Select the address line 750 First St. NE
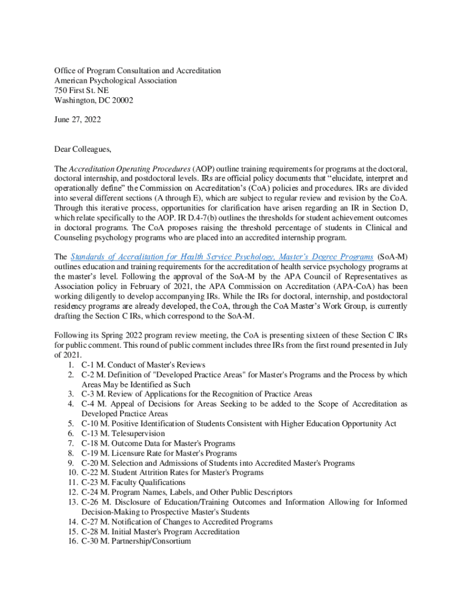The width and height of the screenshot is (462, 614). coord(82,91)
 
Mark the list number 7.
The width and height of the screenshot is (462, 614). coord(72,443)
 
